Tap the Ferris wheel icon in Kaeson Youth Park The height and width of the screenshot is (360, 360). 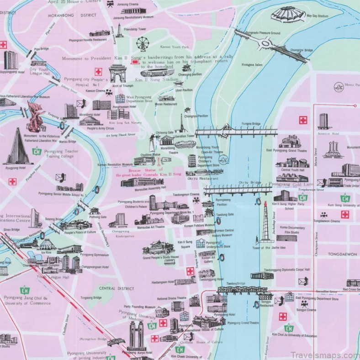142,44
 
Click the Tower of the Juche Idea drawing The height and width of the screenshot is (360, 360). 265,222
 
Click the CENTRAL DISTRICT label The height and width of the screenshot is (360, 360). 116,288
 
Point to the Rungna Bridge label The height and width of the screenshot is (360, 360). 251,123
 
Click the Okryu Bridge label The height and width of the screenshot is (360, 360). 249,183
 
